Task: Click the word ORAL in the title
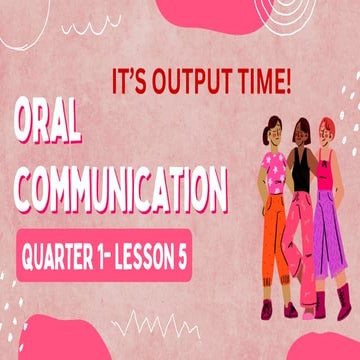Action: (x=66, y=127)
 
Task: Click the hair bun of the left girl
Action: (x=265, y=124)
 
